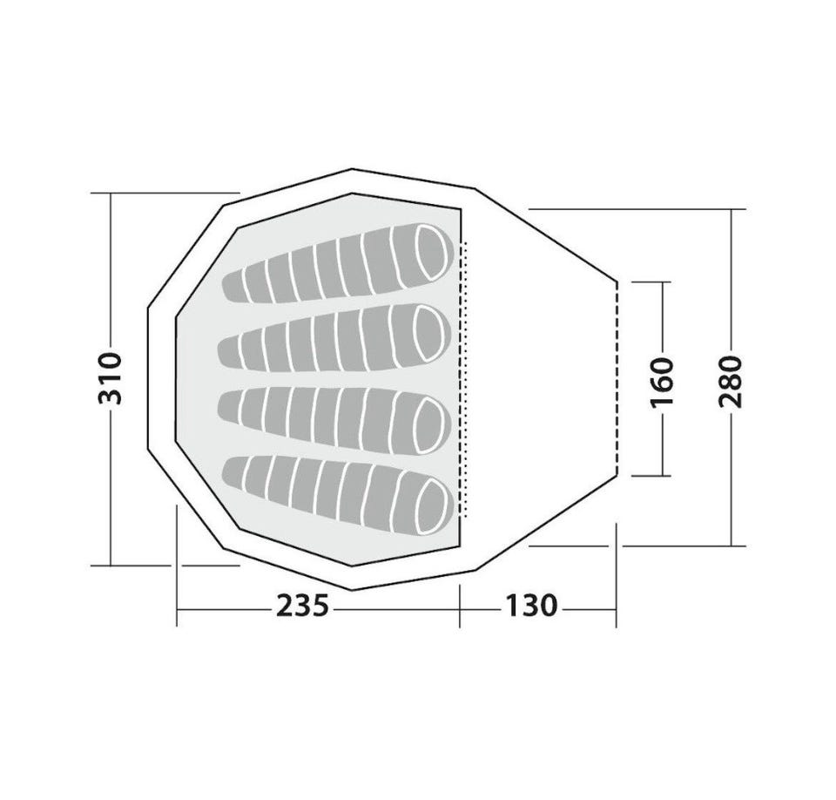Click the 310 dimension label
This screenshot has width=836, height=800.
[111, 378]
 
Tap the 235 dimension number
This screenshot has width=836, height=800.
[302, 606]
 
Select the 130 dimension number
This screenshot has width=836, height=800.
[531, 606]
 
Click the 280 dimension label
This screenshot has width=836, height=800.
[731, 381]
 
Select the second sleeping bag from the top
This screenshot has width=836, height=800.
[334, 338]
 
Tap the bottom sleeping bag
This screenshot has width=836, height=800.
[338, 494]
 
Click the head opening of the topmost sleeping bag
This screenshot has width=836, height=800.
[431, 251]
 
